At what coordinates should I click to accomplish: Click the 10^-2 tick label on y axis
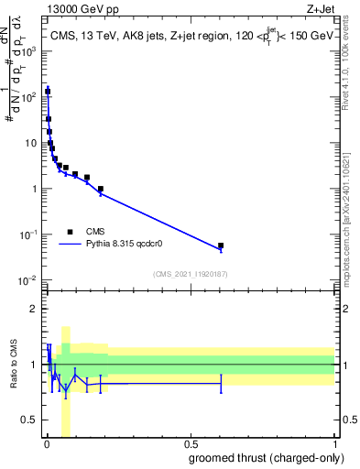(x=27, y=280)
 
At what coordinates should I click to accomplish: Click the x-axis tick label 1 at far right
(x=333, y=444)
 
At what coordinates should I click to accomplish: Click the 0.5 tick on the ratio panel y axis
(x=28, y=421)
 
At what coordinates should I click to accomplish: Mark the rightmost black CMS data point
(x=221, y=245)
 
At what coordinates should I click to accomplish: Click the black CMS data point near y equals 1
(x=100, y=189)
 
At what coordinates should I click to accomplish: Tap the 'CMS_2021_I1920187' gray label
(x=190, y=273)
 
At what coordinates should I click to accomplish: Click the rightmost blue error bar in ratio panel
(x=221, y=383)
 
